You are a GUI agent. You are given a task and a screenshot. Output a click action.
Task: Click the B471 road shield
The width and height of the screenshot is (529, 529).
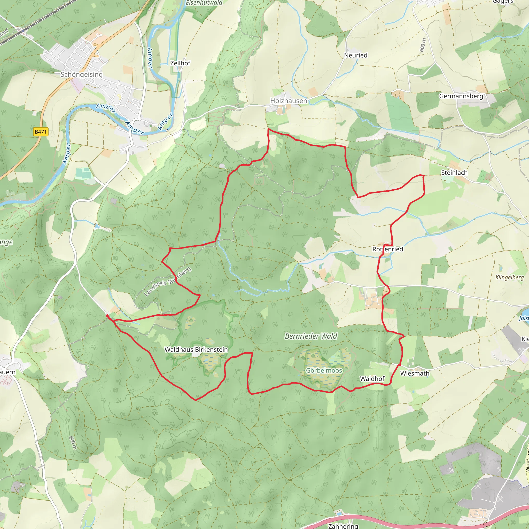41,132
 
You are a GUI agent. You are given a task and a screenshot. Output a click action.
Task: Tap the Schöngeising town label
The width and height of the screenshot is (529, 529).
81,74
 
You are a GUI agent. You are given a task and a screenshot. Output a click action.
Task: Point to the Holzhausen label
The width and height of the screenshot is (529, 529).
288,101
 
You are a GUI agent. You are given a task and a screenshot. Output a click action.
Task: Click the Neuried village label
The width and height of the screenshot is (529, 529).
355,55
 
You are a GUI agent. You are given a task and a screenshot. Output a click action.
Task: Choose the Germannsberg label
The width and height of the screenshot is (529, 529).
461,96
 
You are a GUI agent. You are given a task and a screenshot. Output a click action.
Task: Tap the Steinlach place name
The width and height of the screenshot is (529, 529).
454,173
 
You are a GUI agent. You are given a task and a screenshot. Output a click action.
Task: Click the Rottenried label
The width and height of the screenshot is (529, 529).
387,249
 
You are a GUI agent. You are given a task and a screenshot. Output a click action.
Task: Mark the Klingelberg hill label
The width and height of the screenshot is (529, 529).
509,277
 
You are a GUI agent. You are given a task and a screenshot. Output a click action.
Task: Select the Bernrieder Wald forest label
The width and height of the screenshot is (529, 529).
311,336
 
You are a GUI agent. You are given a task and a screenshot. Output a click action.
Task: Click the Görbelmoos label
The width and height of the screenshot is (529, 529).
324,370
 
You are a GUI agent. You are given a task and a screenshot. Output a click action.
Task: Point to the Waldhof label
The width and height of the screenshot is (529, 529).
372,379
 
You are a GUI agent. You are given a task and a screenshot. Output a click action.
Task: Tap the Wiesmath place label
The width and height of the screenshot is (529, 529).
415,374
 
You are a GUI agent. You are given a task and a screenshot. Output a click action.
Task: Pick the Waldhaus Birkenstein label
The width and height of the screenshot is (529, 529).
196,350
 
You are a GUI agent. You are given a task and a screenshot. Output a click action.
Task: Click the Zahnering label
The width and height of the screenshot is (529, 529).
343,526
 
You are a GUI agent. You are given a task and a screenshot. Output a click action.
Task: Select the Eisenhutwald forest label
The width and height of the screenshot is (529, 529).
204,3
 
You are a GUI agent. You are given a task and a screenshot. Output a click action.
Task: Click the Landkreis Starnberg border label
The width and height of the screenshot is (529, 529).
167,282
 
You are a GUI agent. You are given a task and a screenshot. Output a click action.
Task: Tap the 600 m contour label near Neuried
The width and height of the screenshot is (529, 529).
423,45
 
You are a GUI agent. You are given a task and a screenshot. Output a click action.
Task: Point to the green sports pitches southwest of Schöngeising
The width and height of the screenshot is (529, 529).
83,173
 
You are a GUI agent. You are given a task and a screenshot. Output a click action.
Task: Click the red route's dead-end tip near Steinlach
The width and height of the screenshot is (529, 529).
423,175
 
